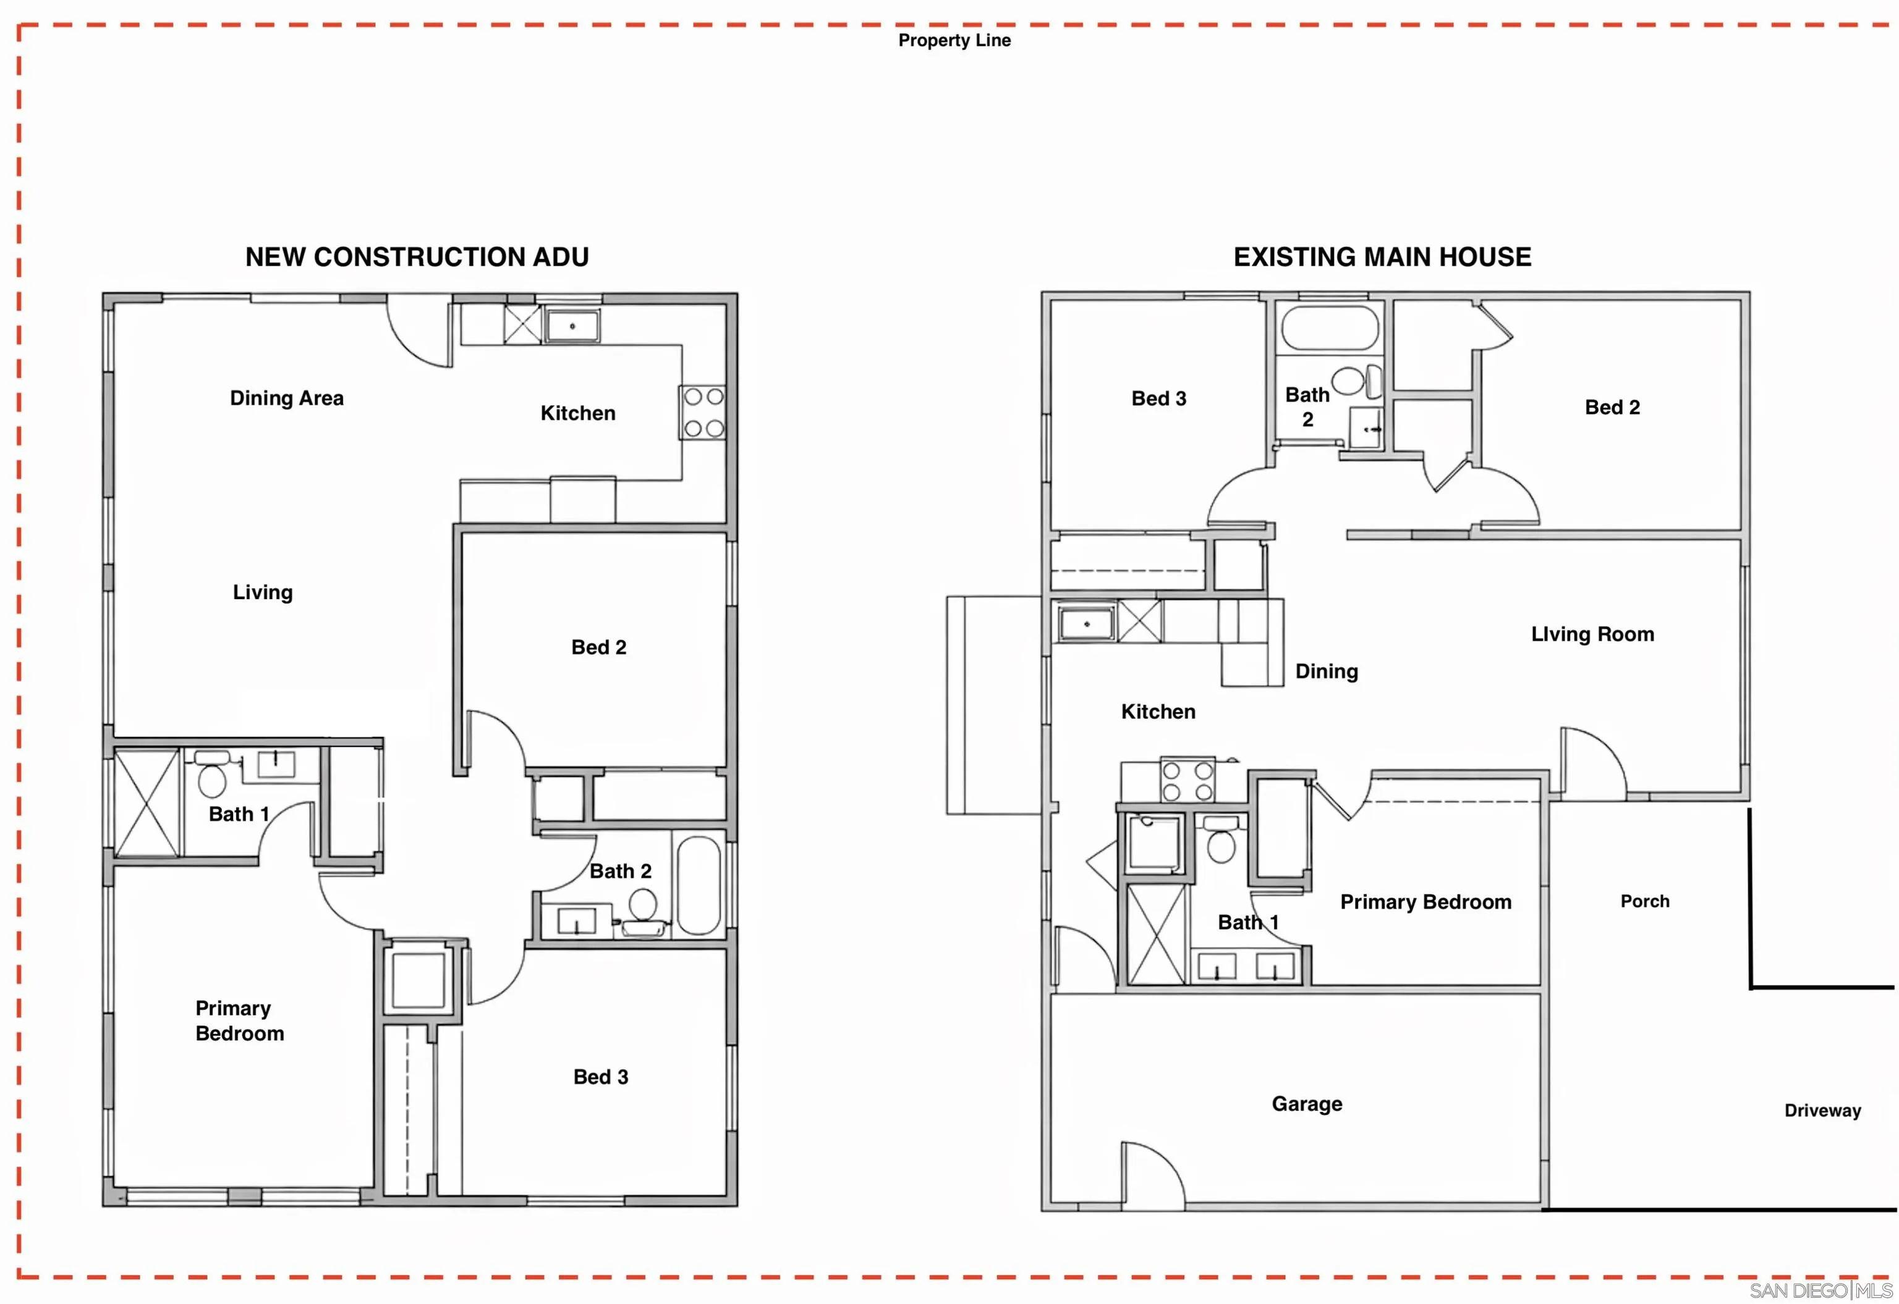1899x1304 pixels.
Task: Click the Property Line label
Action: [954, 40]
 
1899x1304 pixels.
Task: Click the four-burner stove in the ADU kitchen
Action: [703, 413]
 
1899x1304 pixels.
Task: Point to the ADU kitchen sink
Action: [572, 326]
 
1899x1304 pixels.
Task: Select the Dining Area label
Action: [286, 398]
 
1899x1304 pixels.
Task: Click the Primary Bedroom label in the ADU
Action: [239, 1020]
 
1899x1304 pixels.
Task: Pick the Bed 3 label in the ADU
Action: [600, 1077]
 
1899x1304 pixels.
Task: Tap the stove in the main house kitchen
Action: [1187, 780]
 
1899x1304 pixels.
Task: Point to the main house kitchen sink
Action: [1087, 623]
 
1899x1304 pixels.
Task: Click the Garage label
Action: [1306, 1104]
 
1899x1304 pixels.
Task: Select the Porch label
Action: [1645, 901]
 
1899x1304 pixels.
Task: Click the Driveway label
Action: [1822, 1111]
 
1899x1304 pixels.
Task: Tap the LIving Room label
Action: [1592, 634]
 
